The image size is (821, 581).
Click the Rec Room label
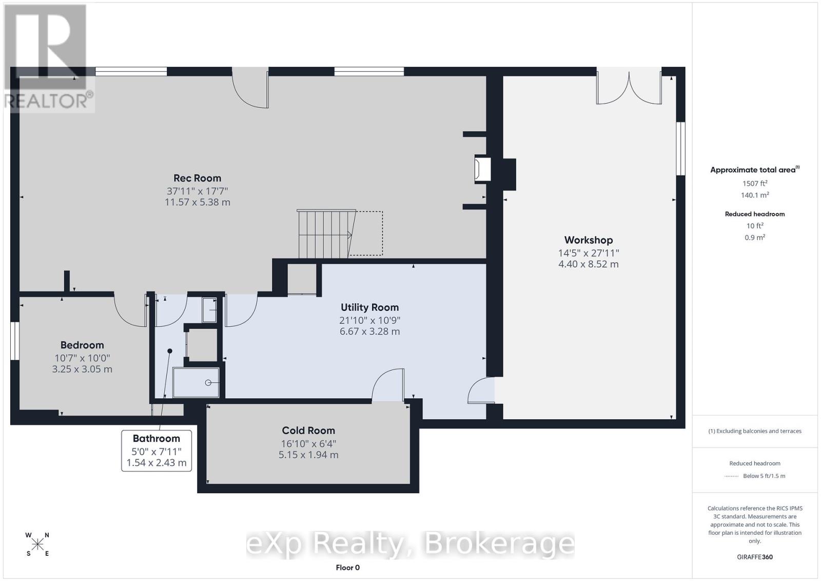197,178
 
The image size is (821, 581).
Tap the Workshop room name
588,240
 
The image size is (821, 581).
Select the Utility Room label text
369,307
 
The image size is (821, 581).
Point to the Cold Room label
308,431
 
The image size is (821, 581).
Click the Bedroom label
82,345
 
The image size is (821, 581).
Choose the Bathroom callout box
157,450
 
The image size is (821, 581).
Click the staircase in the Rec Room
325,234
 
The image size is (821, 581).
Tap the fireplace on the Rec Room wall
482,169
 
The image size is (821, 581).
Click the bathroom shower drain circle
209,383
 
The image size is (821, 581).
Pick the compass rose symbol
37,544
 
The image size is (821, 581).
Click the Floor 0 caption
347,567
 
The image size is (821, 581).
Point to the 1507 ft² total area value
754,183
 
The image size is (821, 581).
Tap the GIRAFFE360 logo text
754,557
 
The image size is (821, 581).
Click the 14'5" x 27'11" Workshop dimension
588,253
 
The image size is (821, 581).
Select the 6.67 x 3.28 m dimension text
369,332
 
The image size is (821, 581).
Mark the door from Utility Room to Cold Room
388,385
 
